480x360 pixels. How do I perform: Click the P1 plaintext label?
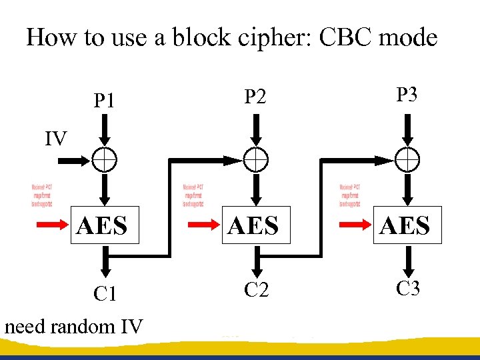104,101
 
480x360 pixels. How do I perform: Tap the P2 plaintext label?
255,97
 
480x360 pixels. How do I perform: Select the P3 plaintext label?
407,95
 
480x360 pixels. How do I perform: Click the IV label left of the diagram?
56,139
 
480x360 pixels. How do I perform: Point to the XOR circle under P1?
104,160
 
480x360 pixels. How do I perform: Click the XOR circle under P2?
255,160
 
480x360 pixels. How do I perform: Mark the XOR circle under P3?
407,160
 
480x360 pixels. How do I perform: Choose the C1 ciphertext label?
105,294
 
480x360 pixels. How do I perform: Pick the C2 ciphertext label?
256,289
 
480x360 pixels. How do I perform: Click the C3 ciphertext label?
407,289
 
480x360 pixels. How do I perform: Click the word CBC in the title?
345,37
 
